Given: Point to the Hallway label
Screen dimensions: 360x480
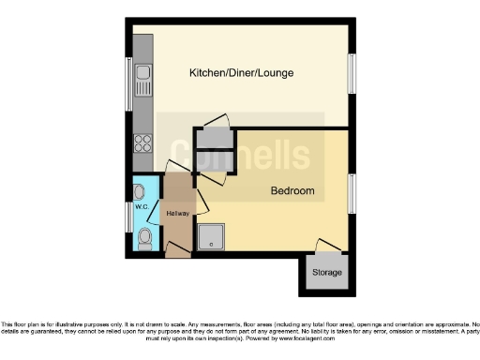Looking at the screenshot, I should pyautogui.click(x=177, y=214).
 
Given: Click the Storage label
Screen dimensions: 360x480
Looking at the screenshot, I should pyautogui.click(x=327, y=273).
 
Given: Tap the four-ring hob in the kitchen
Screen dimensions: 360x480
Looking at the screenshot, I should pyautogui.click(x=143, y=143).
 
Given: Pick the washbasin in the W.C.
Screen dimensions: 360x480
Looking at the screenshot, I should pyautogui.click(x=139, y=192).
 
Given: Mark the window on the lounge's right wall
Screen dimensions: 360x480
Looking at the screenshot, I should pyautogui.click(x=353, y=73).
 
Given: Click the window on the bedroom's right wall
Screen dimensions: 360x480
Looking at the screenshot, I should pyautogui.click(x=353, y=192).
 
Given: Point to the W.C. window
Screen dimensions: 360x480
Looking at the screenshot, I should pyautogui.click(x=128, y=217).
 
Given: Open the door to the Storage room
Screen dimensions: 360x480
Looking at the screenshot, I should pyautogui.click(x=326, y=246).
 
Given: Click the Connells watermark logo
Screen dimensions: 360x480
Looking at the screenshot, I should pyautogui.click(x=238, y=155).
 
